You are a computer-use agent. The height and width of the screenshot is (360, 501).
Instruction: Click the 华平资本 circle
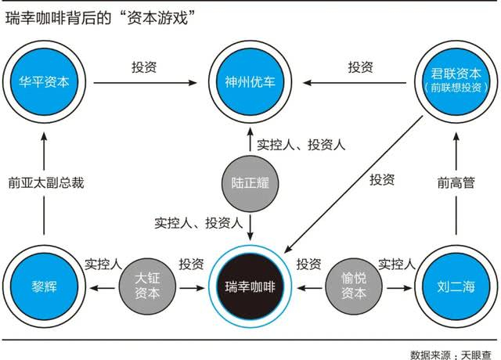[x=44, y=82]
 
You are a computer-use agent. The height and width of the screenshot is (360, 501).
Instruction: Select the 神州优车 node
[x=250, y=82]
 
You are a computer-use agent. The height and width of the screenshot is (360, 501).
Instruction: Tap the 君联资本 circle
[x=456, y=82]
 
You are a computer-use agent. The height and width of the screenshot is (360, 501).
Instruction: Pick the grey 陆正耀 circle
[x=250, y=183]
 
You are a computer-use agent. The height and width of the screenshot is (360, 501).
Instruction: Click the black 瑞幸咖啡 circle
[x=250, y=286]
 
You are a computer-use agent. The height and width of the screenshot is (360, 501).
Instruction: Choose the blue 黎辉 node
[x=44, y=286]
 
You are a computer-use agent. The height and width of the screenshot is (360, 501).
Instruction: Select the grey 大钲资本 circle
[x=147, y=286]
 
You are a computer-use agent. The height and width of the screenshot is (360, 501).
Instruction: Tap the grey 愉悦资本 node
[x=353, y=286]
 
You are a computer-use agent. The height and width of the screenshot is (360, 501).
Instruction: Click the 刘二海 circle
[x=456, y=286]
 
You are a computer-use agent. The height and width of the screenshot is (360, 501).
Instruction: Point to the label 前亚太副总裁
[x=46, y=183]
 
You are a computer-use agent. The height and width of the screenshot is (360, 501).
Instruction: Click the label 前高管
[x=456, y=183]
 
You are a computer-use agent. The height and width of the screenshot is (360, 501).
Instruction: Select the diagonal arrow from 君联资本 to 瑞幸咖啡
[x=353, y=185]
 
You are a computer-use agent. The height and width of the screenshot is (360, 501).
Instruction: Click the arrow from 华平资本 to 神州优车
[x=145, y=83]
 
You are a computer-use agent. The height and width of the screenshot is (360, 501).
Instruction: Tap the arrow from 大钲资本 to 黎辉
[x=103, y=288]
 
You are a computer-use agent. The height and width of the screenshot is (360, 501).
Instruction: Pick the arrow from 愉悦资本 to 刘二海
[x=400, y=288]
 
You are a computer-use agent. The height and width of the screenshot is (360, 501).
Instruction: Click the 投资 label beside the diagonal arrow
[x=382, y=180]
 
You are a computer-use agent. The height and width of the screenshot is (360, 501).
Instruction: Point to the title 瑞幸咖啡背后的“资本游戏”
[x=100, y=18]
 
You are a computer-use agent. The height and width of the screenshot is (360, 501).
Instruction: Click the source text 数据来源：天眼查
[x=451, y=355]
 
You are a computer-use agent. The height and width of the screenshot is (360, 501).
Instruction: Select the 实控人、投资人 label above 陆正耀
[x=301, y=145]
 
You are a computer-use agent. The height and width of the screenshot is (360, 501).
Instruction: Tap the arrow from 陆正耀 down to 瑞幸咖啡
[x=250, y=228]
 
